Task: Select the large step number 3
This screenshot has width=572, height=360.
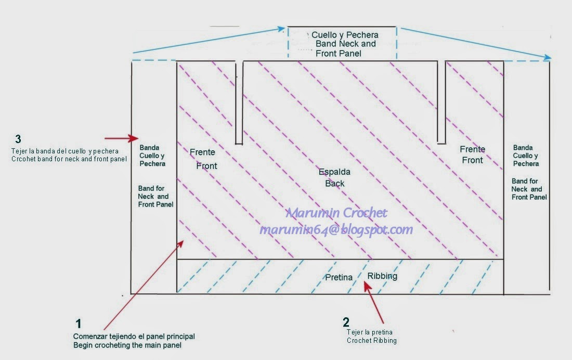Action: pos(18,139)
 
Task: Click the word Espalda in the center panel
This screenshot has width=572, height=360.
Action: pos(334,172)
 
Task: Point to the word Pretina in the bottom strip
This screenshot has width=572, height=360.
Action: pos(339,278)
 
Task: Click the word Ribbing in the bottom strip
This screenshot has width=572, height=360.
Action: pos(382,276)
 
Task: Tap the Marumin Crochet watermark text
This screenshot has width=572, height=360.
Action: pos(336,213)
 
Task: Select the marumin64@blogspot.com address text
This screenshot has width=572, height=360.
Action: pos(336,229)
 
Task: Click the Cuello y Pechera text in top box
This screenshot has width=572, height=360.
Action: pos(345,35)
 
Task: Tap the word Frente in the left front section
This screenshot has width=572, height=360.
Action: pos(202,152)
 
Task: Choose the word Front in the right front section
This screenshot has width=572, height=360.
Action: pos(472,160)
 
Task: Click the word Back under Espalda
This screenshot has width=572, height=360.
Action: pos(334,183)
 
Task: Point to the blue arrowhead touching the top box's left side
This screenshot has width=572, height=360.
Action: pos(282,28)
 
